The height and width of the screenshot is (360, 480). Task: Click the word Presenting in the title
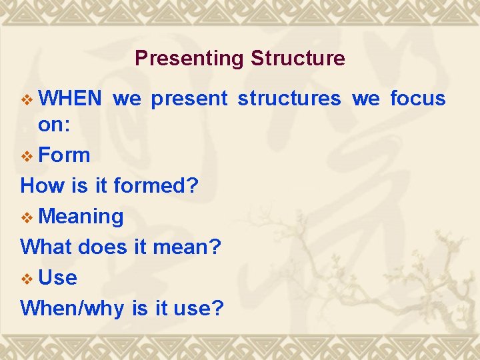(x=189, y=59)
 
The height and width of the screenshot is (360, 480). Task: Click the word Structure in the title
(x=297, y=59)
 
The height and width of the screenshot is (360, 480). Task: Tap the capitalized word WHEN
(x=70, y=99)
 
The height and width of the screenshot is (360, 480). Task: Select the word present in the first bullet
(x=189, y=99)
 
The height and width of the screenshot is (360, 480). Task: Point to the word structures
(x=289, y=99)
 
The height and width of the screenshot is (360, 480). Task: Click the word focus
(x=417, y=99)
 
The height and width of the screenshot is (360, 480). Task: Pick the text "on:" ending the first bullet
(x=53, y=124)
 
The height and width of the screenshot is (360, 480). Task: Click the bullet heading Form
(x=64, y=155)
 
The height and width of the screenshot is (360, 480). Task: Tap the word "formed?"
(x=156, y=186)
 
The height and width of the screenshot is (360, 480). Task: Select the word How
(x=43, y=186)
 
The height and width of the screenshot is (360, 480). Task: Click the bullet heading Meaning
(x=81, y=217)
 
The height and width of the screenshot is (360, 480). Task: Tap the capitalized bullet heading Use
(x=58, y=278)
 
